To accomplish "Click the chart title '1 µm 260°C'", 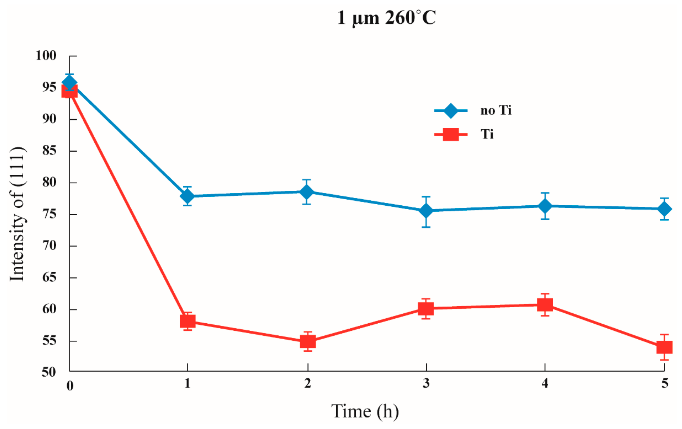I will click(386, 18).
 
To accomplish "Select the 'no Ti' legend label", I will click(496, 110).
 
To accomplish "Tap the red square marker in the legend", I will click(451, 134).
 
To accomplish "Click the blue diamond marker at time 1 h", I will click(187, 196).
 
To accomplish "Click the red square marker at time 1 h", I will click(188, 321).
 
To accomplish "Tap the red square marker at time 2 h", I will click(308, 341).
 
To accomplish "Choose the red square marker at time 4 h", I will click(545, 305).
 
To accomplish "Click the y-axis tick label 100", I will click(46, 55).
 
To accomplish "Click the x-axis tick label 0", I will click(70, 385).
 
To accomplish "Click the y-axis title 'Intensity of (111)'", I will click(18, 214).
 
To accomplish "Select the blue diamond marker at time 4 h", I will click(545, 206).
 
